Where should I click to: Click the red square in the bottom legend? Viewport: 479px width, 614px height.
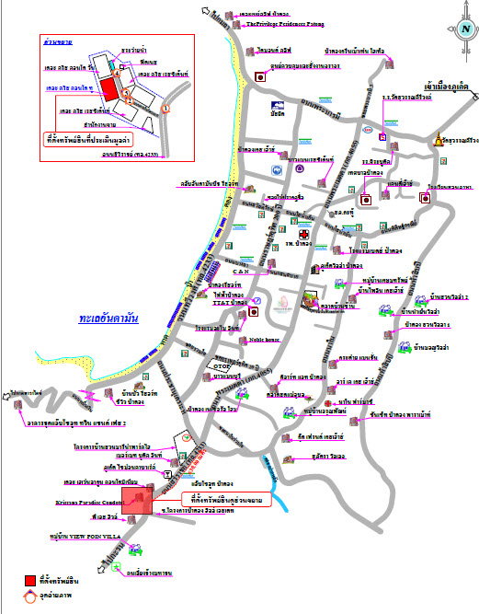tap(30, 580)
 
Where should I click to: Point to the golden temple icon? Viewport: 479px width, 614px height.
tap(439, 140)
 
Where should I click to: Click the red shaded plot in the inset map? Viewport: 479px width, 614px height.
tap(109, 89)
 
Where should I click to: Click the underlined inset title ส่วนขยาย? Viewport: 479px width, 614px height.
tap(57, 42)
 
